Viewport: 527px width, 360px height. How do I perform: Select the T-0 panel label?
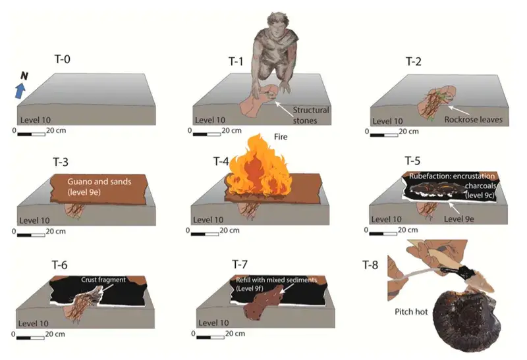tap(62, 59)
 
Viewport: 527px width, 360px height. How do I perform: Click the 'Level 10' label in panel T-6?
tap(34, 323)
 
